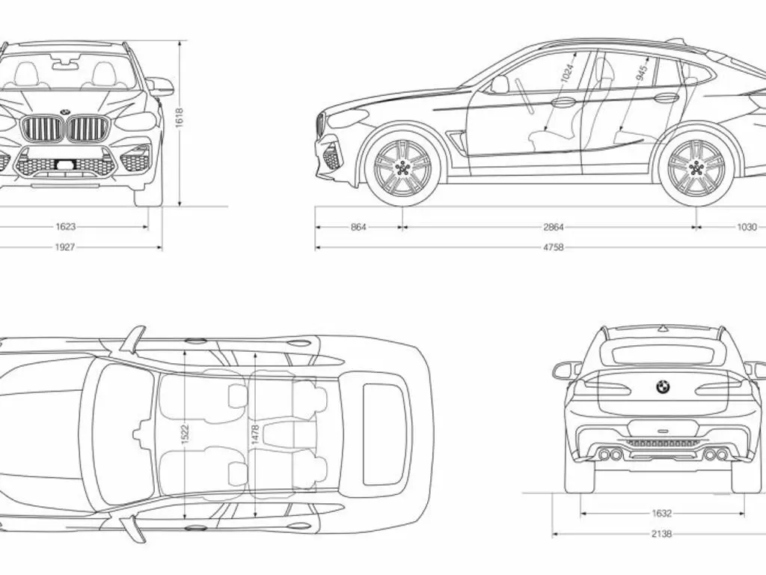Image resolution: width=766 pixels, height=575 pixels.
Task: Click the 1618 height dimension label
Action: pos(180,118)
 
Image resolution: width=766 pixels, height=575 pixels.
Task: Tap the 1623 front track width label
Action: pos(66,226)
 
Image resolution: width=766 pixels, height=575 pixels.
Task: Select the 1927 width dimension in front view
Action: pos(65,247)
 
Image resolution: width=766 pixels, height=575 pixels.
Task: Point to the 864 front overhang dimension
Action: pos(358,227)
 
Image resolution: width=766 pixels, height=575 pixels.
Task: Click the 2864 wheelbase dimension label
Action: pos(553,227)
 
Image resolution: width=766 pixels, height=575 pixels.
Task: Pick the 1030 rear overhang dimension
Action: pos(747,227)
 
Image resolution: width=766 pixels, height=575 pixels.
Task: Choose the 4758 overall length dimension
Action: pos(553,247)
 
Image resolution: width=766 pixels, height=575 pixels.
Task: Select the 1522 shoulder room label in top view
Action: pos(185,435)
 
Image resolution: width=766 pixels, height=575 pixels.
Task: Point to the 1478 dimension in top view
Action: pos(255,435)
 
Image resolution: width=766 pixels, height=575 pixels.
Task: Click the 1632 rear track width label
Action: pos(661,514)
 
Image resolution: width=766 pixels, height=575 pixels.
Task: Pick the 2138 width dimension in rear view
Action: pos(661,534)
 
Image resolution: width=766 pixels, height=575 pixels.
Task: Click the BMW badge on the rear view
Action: pos(663,387)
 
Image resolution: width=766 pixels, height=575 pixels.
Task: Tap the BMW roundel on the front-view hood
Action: pos(65,112)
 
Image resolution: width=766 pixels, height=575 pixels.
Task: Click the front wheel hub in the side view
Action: pos(402,168)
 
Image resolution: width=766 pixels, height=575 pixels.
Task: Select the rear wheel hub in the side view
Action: pos(696,168)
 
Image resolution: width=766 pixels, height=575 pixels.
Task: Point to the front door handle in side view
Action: pos(564,102)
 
